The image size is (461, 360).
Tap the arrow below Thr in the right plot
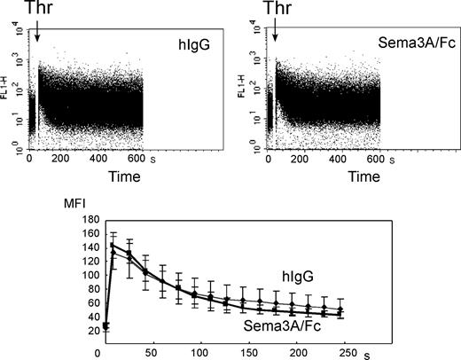pyautogui.click(x=275, y=33)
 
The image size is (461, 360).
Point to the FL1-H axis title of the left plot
pyautogui.click(x=10, y=91)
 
